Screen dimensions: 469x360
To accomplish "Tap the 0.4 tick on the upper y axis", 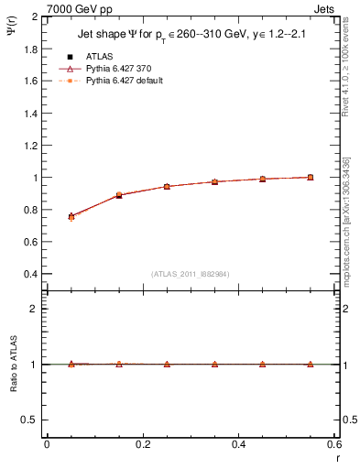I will pyautogui.click(x=30, y=274).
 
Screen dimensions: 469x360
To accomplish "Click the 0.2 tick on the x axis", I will pyautogui.click(x=142, y=444).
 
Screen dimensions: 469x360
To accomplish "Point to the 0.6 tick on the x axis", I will pyautogui.click(x=333, y=444).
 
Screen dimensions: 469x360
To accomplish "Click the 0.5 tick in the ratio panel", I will pyautogui.click(x=30, y=420).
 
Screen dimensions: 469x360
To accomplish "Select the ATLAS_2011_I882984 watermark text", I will pyautogui.click(x=191, y=273).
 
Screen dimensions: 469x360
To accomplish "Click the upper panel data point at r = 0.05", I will pyautogui.click(x=71, y=217).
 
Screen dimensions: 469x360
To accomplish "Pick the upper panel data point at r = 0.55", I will pyautogui.click(x=311, y=178).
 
